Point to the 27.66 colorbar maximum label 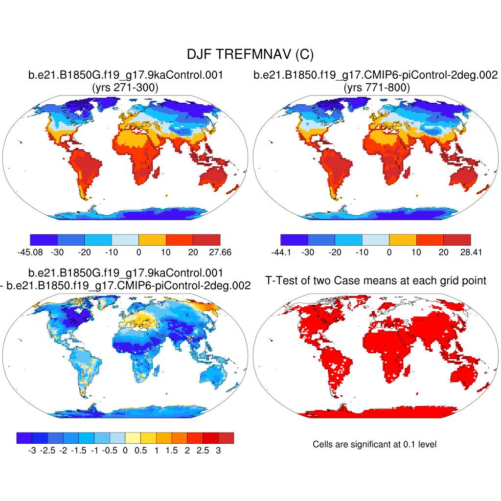(x=220, y=252)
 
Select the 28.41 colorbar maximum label (x=471, y=252)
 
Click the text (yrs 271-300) (x=125, y=88)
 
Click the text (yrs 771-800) (x=376, y=88)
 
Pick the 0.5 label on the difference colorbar (x=140, y=451)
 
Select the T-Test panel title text (x=376, y=280)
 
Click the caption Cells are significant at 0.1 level (x=374, y=444)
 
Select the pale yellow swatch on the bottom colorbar (x=133, y=438)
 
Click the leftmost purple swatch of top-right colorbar (x=295, y=240)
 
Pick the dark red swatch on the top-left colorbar (x=206, y=240)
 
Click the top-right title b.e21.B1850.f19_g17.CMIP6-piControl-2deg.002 (x=376, y=75)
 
